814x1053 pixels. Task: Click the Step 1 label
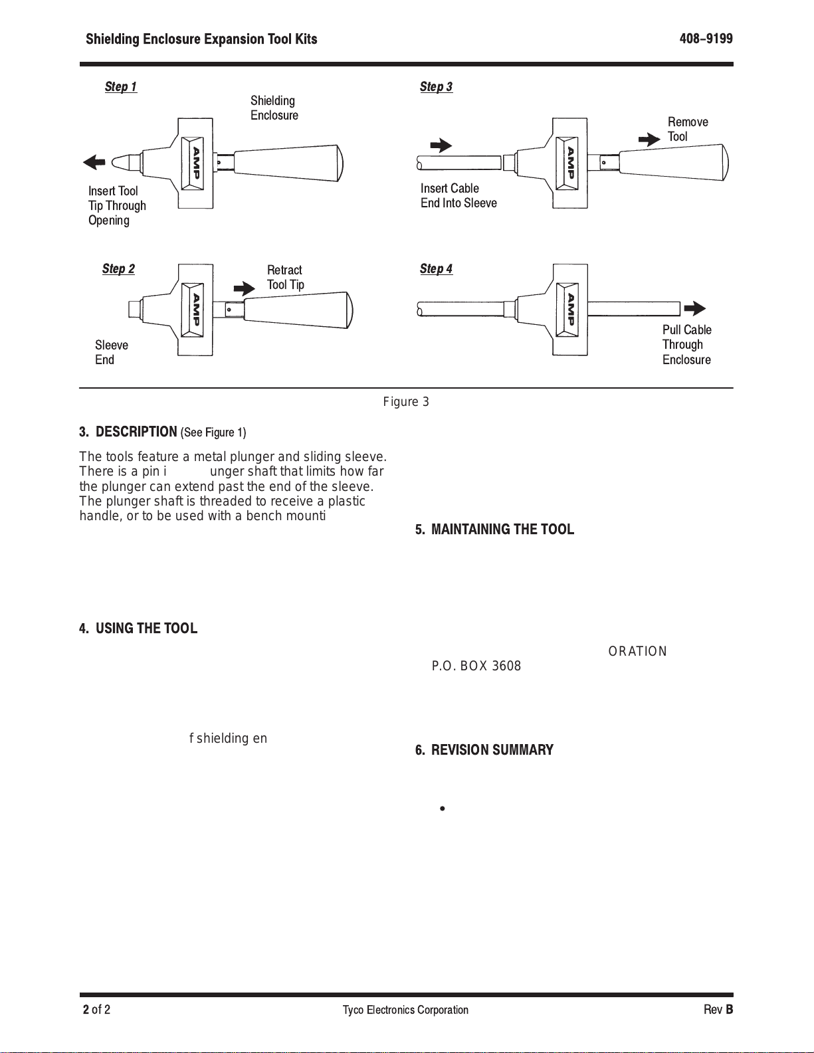coord(121,86)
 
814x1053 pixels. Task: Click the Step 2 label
coord(118,268)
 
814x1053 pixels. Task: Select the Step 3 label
coord(436,86)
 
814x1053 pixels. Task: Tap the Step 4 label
coord(436,268)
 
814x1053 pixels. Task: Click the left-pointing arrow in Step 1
coord(94,162)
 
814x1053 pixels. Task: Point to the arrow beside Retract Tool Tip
coord(245,288)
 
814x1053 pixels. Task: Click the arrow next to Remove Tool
coord(649,140)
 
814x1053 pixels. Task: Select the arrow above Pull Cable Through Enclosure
coord(695,308)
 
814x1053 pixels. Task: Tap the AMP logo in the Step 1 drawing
coord(197,163)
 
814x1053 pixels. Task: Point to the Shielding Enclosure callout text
coord(274,108)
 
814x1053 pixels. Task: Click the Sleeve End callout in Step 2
coord(111,352)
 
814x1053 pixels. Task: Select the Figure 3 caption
coord(406,402)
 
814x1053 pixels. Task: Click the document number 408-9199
coord(706,39)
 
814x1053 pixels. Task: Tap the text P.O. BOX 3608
coord(476,666)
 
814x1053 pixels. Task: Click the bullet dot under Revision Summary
coord(442,809)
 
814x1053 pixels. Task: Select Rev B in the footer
coord(718,1010)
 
